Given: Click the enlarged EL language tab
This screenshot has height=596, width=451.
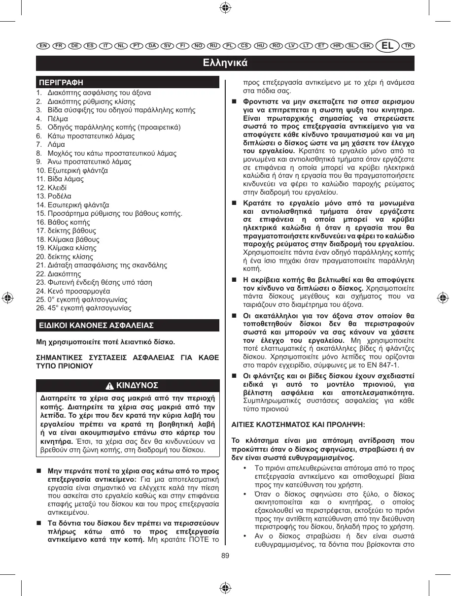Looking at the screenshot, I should coord(388,46).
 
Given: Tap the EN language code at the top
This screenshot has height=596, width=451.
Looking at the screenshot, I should coord(43,46).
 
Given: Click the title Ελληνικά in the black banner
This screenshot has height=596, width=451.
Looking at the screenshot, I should coord(225,63).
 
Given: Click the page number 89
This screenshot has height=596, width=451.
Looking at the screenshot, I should coord(225,556).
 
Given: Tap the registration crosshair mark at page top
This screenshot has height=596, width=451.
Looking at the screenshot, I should coord(225,8).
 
